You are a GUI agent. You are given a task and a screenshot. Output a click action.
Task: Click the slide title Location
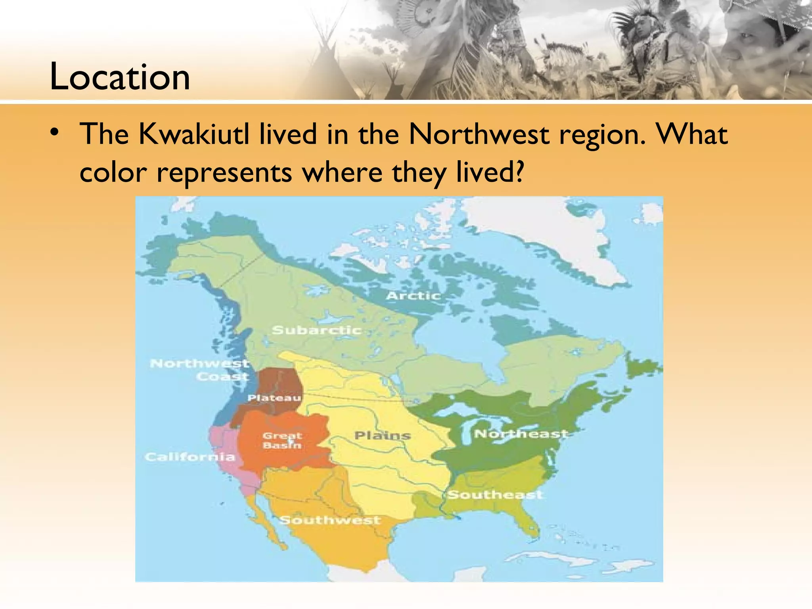[120, 77]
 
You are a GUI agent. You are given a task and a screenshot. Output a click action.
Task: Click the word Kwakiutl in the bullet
[194, 134]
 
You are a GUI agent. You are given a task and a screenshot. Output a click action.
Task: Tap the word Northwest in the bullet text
[479, 134]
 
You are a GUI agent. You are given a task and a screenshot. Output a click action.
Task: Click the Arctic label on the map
[414, 296]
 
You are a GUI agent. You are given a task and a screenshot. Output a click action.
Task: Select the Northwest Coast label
[199, 370]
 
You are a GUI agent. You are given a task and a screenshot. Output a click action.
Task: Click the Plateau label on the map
[274, 398]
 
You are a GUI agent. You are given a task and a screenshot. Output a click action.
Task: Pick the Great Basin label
[282, 440]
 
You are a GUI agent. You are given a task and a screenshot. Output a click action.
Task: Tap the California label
[190, 457]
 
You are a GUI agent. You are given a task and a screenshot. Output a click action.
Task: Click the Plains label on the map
[383, 436]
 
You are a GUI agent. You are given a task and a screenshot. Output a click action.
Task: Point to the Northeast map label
[521, 434]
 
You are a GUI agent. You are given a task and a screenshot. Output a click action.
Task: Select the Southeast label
[495, 494]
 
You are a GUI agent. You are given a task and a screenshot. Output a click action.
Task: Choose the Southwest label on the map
[330, 520]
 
